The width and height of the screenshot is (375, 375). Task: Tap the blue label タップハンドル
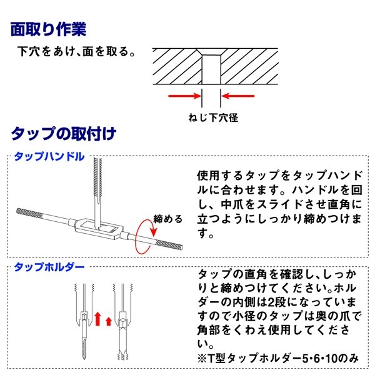tap(48, 157)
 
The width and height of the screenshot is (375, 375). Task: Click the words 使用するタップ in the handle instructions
tap(231, 175)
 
